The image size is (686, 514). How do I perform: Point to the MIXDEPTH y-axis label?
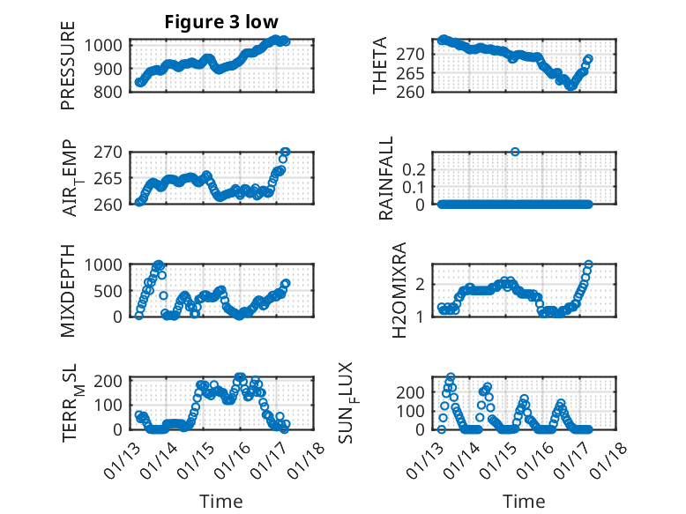(x=68, y=290)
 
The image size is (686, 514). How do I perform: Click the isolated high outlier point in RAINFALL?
(x=515, y=152)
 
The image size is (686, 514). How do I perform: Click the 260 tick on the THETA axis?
(x=417, y=91)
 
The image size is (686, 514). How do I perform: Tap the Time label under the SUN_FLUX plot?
(x=524, y=501)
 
